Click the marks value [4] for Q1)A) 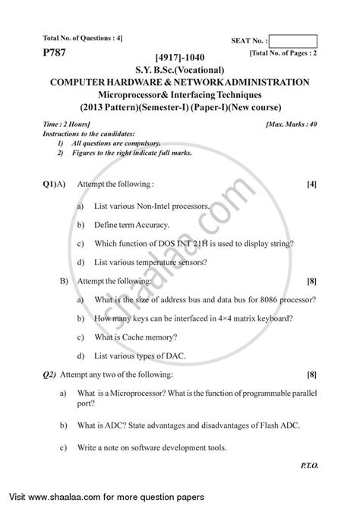click(x=311, y=184)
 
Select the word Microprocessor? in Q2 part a click(x=143, y=394)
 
